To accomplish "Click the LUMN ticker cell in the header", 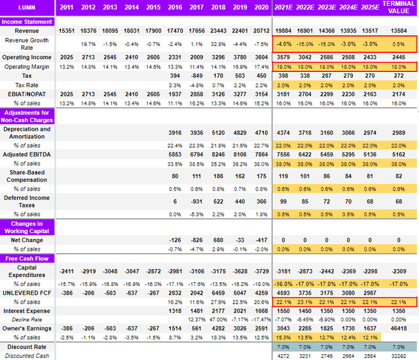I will (28, 8).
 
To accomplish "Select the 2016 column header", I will (175, 8).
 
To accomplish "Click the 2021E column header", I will (283, 8).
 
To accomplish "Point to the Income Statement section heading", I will (28, 21).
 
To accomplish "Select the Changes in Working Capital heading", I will (28, 227).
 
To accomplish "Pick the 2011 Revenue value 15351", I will (66, 31).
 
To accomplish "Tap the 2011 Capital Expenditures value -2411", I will (66, 270).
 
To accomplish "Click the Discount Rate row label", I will (28, 346).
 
